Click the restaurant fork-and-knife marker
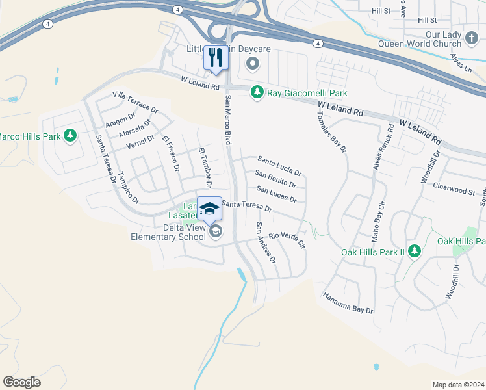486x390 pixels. click(216, 57)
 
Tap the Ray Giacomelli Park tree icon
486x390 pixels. click(257, 93)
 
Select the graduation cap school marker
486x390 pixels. click(209, 208)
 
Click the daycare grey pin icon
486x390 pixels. click(253, 64)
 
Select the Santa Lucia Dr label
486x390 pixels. click(279, 165)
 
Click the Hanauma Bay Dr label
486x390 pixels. click(348, 303)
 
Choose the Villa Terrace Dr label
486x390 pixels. click(135, 102)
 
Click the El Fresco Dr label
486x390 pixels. click(171, 153)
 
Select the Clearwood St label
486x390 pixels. click(455, 189)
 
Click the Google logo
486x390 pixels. click(21, 382)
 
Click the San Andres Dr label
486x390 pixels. click(266, 242)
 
